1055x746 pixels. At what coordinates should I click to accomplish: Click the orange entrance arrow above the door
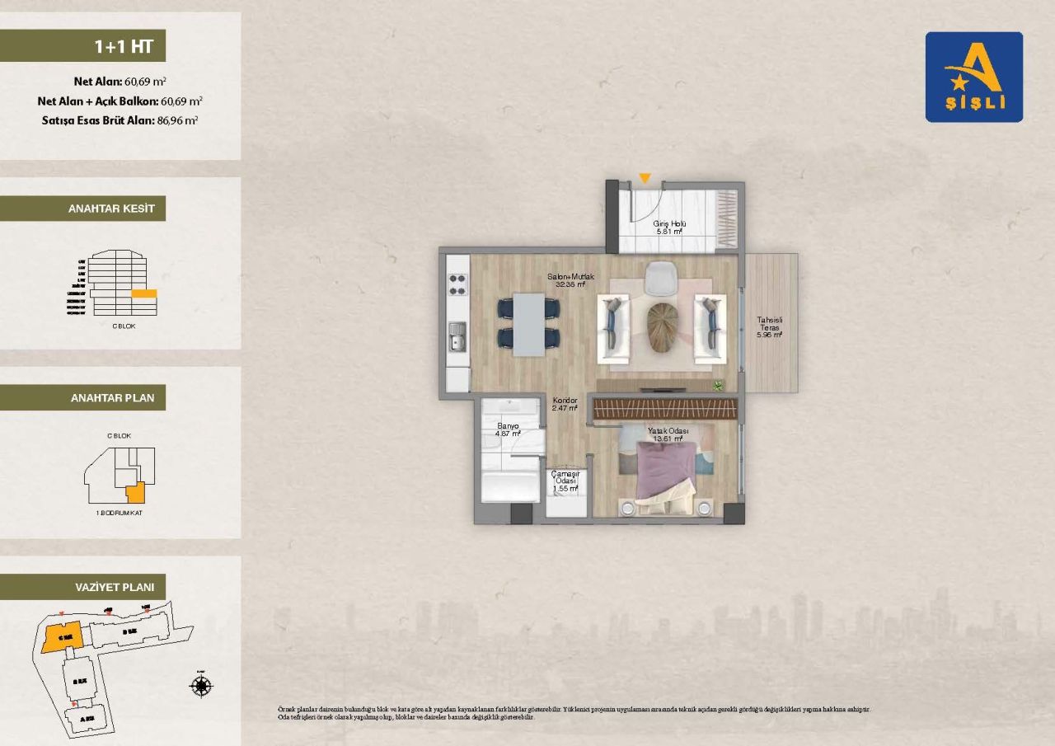tap(645, 178)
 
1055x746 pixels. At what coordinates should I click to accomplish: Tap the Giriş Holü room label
tap(669, 228)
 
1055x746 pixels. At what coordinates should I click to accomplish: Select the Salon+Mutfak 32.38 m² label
tap(570, 280)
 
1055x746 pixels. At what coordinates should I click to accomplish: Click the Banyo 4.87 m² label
tap(507, 429)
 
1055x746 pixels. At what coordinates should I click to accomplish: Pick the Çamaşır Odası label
tap(565, 481)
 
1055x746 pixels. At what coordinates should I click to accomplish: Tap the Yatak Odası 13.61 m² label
tap(668, 434)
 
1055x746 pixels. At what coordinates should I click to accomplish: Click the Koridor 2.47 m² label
tap(565, 404)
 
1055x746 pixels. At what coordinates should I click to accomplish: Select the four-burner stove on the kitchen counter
tap(457, 284)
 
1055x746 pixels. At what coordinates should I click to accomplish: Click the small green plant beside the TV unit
tap(718, 384)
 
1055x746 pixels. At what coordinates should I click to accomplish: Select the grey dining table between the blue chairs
tap(528, 324)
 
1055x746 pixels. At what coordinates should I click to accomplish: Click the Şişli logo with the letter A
tap(973, 77)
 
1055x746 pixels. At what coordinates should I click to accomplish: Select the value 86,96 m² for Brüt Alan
tap(177, 120)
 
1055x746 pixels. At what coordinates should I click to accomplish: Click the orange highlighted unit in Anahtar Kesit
tap(144, 293)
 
